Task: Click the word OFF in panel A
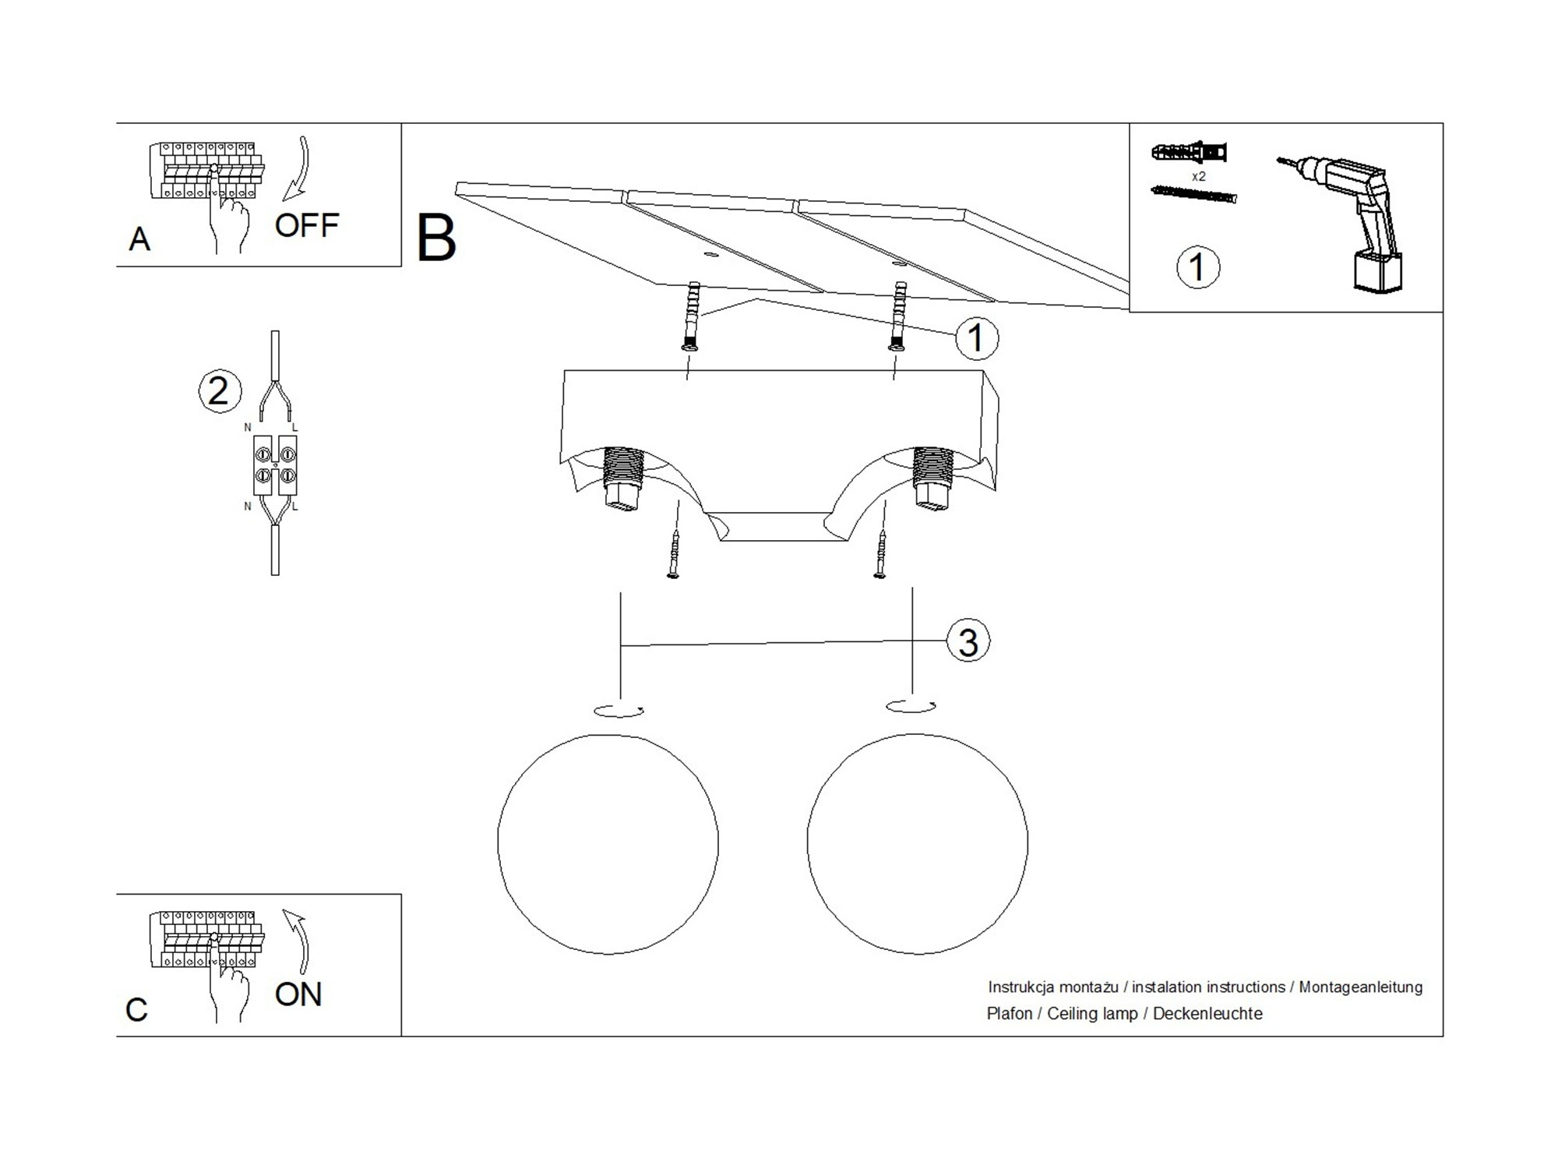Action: click(x=307, y=225)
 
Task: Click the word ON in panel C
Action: click(x=298, y=994)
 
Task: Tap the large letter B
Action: click(x=436, y=238)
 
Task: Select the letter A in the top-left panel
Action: click(x=139, y=239)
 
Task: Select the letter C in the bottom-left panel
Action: click(x=136, y=1010)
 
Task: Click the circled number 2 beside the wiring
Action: click(x=220, y=390)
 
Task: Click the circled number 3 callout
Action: click(x=968, y=642)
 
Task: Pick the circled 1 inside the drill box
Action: click(x=1197, y=267)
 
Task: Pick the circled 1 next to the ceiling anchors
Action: click(x=976, y=338)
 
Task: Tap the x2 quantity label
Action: click(x=1198, y=177)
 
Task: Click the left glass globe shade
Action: click(x=608, y=843)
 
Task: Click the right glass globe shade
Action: click(x=917, y=843)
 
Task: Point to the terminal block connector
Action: click(x=275, y=465)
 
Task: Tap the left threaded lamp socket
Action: click(x=622, y=477)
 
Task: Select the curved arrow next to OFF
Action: click(x=299, y=168)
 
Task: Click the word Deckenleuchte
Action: click(x=1207, y=1014)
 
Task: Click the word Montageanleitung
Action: click(x=1360, y=987)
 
